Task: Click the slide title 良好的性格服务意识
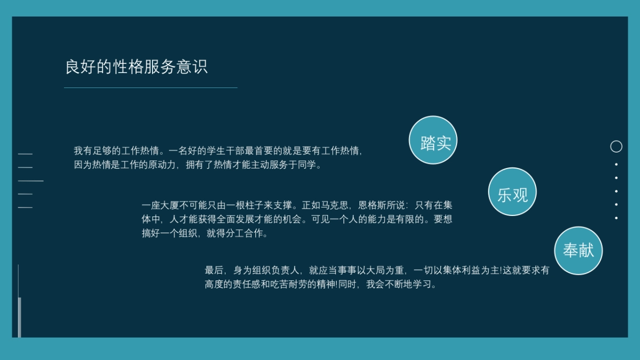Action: pyautogui.click(x=136, y=67)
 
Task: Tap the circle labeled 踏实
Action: pyautogui.click(x=433, y=140)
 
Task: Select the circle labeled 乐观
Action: pyautogui.click(x=513, y=192)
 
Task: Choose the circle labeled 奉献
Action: pyautogui.click(x=579, y=251)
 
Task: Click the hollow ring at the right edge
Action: pyautogui.click(x=616, y=146)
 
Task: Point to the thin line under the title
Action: pyautogui.click(x=150, y=87)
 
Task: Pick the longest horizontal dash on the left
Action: pyautogui.click(x=30, y=181)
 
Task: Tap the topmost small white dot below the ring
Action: pyautogui.click(x=616, y=164)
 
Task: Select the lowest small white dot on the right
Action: pyautogui.click(x=616, y=218)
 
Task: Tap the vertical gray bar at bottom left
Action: pyautogui.click(x=20, y=317)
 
